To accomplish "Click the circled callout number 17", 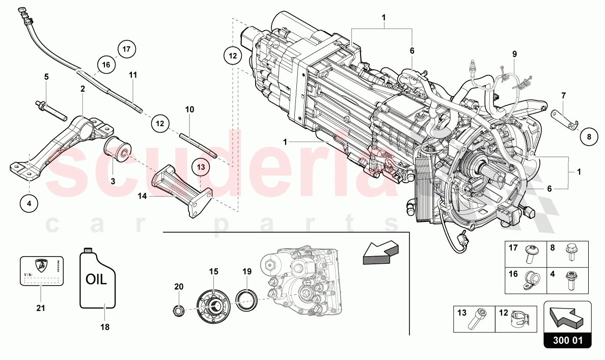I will (x=126, y=49).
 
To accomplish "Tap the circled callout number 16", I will (x=106, y=65).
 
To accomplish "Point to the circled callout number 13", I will (x=200, y=167).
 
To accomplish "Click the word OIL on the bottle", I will (x=96, y=280).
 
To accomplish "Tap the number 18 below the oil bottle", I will (x=105, y=327).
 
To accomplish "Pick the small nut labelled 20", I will (x=178, y=309).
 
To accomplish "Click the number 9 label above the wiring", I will (x=514, y=53).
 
